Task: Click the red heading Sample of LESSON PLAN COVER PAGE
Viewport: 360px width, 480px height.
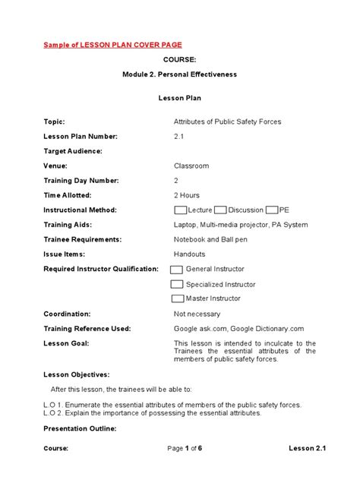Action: click(112, 46)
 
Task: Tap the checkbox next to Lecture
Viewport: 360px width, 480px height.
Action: click(181, 210)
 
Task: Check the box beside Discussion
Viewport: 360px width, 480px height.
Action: click(220, 210)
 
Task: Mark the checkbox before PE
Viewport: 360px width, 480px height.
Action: click(272, 210)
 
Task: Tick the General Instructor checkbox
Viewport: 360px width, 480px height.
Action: click(176, 270)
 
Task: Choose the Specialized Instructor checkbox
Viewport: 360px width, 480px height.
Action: click(176, 284)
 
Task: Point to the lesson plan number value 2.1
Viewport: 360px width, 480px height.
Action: click(179, 136)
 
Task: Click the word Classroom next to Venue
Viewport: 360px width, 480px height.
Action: click(191, 166)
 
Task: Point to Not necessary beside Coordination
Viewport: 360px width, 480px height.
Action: click(197, 314)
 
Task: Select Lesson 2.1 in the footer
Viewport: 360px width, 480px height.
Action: click(307, 449)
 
